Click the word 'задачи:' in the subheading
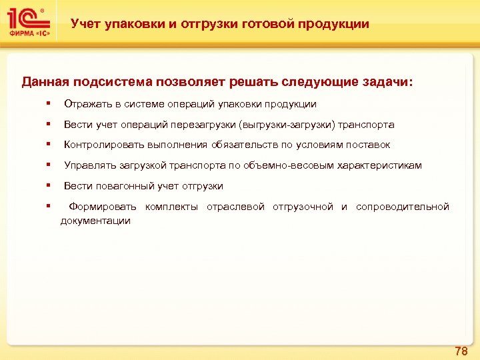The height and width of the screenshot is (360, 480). click(x=387, y=82)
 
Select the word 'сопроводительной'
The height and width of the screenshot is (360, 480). click(x=403, y=207)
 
